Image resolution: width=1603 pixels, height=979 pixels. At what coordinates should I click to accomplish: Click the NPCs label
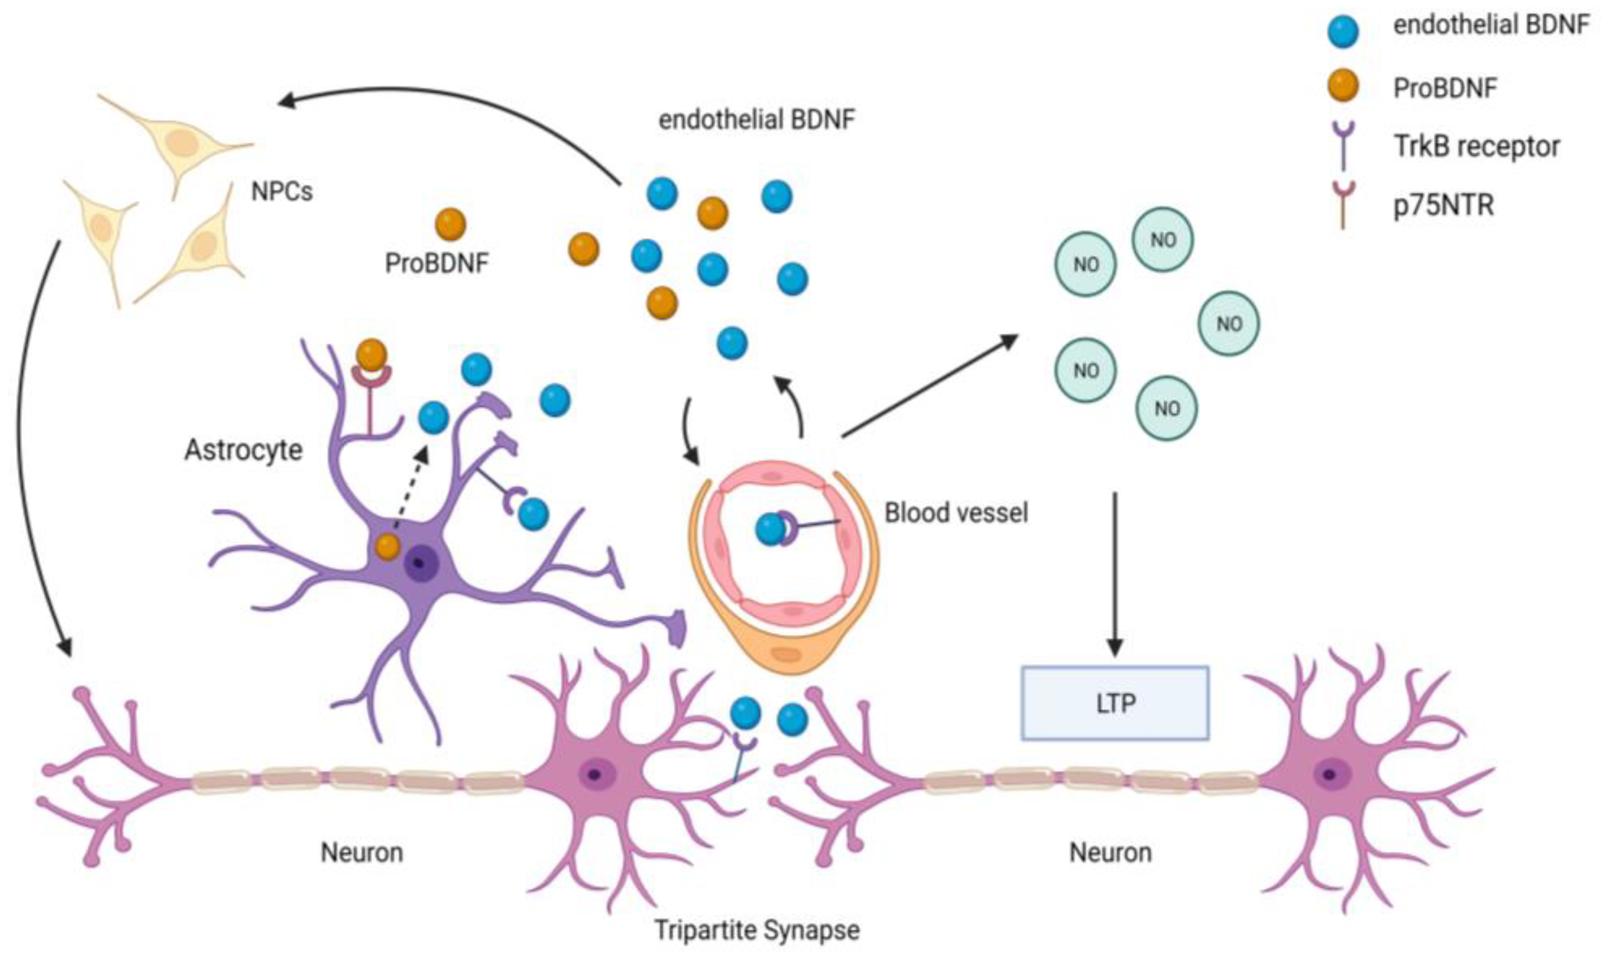click(282, 191)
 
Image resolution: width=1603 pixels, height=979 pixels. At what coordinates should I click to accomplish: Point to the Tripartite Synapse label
click(756, 930)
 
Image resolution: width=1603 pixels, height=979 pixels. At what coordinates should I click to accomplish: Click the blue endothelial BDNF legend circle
click(1343, 31)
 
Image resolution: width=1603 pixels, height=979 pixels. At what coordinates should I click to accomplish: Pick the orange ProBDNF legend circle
click(1343, 86)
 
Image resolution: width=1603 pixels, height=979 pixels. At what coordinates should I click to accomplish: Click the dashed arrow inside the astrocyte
click(411, 488)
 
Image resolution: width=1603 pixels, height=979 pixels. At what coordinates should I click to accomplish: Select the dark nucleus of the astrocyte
click(421, 563)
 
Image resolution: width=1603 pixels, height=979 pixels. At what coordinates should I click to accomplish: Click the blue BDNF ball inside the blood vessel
click(770, 529)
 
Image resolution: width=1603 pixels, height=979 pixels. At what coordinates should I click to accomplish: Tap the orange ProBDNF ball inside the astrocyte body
click(388, 546)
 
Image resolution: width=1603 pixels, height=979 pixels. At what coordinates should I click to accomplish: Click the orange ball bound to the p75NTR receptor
click(371, 355)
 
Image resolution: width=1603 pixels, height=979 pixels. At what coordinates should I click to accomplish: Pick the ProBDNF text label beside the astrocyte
click(436, 263)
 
